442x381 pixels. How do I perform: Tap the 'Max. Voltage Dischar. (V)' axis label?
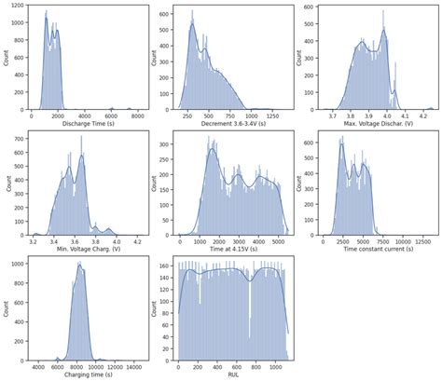(x=378, y=123)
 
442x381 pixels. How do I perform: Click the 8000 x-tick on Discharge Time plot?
(x=137, y=115)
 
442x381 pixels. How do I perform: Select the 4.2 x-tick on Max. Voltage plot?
(x=421, y=115)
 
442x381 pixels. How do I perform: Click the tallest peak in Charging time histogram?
(x=79, y=264)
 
